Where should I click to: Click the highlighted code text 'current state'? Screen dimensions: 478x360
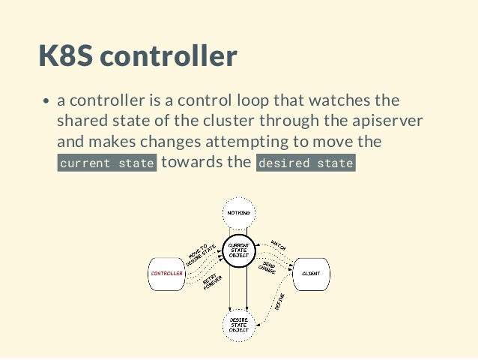pyautogui.click(x=107, y=163)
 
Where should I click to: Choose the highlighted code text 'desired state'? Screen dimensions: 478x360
pyautogui.click(x=305, y=163)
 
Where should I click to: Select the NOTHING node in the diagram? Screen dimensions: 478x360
pyautogui.click(x=238, y=214)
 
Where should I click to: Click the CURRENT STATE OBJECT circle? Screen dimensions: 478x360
pyautogui.click(x=238, y=250)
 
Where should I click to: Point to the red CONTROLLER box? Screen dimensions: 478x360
pyautogui.click(x=166, y=274)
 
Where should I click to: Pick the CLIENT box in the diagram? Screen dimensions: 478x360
pyautogui.click(x=310, y=274)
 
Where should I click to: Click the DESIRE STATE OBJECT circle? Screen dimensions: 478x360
pyautogui.click(x=238, y=325)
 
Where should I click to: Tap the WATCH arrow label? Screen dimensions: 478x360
pyautogui.click(x=278, y=245)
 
